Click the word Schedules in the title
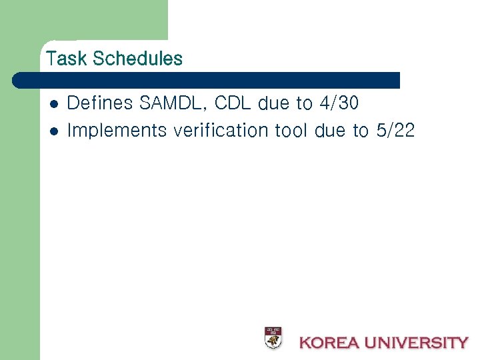(x=138, y=59)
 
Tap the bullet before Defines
(x=54, y=104)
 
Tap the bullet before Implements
(x=54, y=131)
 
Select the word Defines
(x=100, y=103)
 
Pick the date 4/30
(x=339, y=103)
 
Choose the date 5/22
(x=395, y=130)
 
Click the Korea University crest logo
(x=273, y=338)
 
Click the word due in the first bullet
(x=274, y=103)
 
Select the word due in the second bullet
(x=330, y=130)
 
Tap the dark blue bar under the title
(x=207, y=81)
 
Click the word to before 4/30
(x=304, y=103)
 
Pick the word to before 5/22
(x=361, y=130)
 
